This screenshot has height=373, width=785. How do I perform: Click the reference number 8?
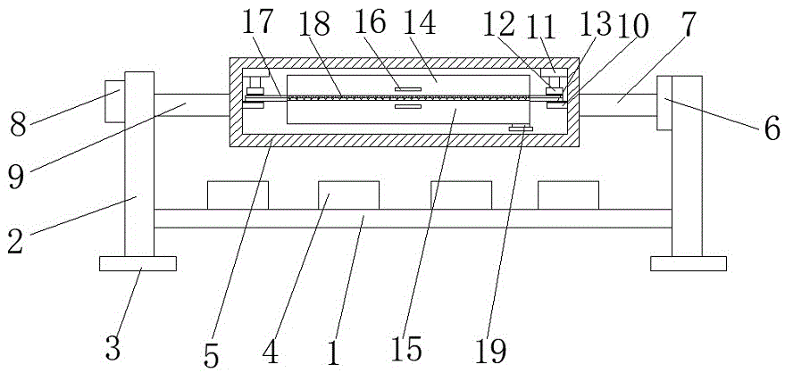18,123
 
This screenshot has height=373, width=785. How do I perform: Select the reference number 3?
113,347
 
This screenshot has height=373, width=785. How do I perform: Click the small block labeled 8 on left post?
114,100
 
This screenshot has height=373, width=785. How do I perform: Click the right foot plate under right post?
681,263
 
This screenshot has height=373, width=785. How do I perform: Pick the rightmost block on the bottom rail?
568,195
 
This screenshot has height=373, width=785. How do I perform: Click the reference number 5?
211,355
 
